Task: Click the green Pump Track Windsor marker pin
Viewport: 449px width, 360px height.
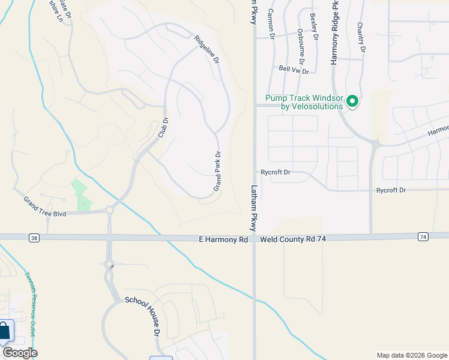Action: pos(353,101)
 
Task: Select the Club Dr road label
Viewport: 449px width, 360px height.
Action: pos(163,127)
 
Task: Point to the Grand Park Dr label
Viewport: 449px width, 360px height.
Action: pos(218,170)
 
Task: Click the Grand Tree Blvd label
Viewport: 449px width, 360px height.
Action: pos(45,205)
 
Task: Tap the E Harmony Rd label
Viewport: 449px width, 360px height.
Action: pos(223,239)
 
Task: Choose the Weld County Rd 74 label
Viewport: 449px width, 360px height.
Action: pos(292,239)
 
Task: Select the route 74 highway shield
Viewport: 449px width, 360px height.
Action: pos(423,237)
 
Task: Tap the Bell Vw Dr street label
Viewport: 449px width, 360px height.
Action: pos(294,70)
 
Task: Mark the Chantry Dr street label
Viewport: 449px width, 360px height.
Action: pos(361,36)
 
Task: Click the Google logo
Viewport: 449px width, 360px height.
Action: pos(20,352)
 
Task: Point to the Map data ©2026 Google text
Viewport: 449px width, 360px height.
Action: pos(411,355)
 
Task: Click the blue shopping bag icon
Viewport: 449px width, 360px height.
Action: pos(4,331)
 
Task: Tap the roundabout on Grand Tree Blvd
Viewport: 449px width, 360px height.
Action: pos(110,211)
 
